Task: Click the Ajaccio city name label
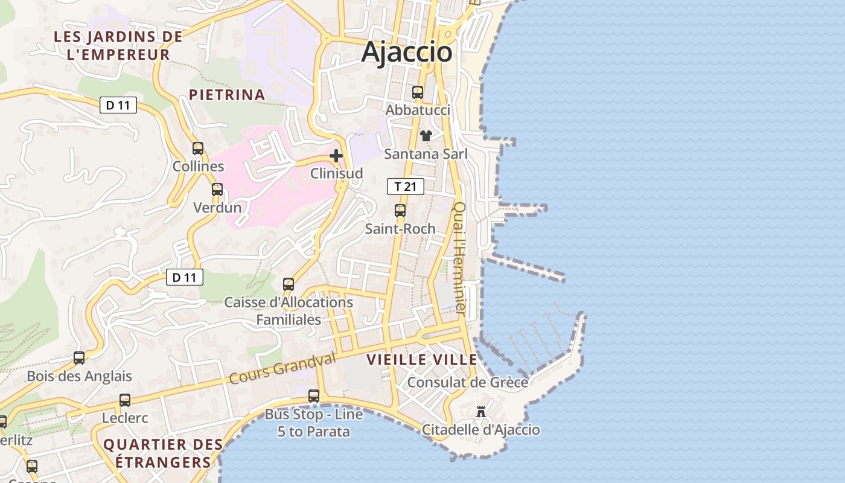pos(407,53)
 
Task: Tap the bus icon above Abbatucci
pos(417,92)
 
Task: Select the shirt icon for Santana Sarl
pos(426,136)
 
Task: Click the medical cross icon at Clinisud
pos(336,156)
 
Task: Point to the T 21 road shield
pos(406,187)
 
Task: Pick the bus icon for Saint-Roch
pos(400,211)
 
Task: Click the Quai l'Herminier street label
pos(460,258)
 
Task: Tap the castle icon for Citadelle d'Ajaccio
pos(481,412)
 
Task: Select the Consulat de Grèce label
pos(468,382)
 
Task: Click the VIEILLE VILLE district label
pos(422,360)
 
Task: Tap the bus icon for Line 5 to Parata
pos(314,396)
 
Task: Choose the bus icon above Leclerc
pos(125,400)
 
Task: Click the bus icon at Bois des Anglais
pos(79,357)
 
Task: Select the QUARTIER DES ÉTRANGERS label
pos(163,453)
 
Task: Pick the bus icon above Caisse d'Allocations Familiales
pos(289,284)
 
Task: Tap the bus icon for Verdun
pos(217,190)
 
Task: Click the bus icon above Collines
pos(198,148)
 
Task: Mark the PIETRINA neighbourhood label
pos(227,95)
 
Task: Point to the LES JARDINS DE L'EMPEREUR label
pos(118,45)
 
